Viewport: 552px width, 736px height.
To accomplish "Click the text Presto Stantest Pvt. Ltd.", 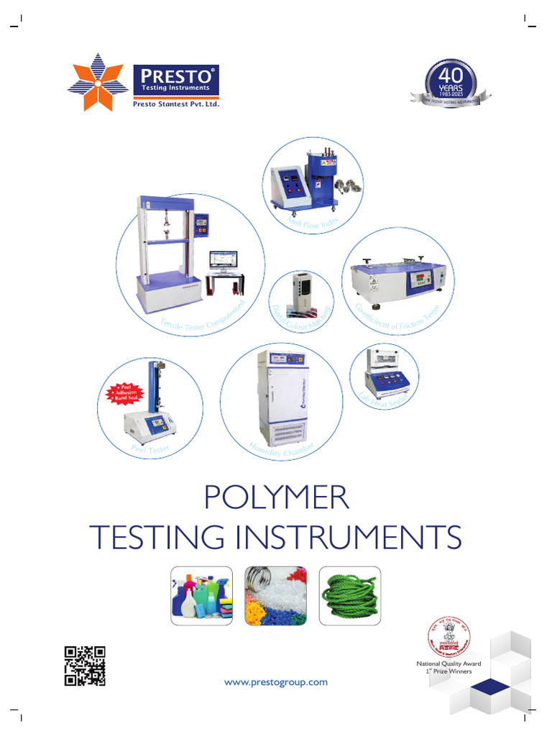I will [175, 103].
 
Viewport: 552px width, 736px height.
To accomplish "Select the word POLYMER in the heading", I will [277, 498].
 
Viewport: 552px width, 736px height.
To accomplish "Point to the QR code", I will [85, 666].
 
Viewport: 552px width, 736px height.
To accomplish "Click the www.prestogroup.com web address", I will [275, 681].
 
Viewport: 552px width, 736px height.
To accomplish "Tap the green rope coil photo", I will [349, 595].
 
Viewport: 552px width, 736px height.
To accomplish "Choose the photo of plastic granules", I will [276, 595].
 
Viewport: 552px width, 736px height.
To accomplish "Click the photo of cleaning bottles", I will [202, 595].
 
